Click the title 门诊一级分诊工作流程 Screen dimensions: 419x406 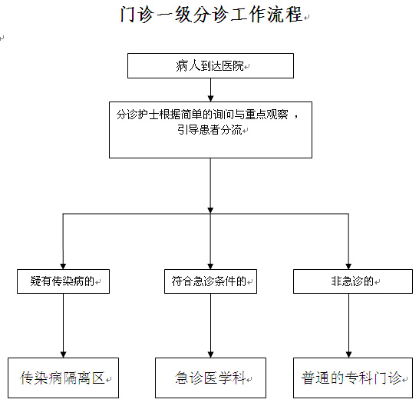[211, 15]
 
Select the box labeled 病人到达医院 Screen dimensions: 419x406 [210, 66]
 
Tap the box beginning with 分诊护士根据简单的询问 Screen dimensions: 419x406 [210, 130]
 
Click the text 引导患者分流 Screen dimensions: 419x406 [209, 130]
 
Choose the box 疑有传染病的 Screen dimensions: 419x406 [64, 281]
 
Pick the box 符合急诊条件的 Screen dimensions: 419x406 [210, 281]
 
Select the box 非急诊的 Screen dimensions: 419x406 [353, 281]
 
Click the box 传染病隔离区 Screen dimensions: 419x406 [64, 378]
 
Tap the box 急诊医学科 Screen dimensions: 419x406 [210, 378]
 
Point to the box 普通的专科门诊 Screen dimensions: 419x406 [353, 378]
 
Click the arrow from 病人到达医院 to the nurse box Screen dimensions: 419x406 [210, 90]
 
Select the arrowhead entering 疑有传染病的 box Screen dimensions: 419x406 [63, 267]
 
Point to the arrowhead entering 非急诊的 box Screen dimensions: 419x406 [348, 267]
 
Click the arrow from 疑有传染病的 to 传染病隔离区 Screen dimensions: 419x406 [64, 326]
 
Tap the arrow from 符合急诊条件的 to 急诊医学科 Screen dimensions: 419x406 [210, 326]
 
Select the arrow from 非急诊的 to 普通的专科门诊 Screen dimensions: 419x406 [348, 326]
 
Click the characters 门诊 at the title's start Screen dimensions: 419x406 [137, 15]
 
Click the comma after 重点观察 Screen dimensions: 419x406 [295, 116]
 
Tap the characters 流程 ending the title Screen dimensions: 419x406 [285, 15]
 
